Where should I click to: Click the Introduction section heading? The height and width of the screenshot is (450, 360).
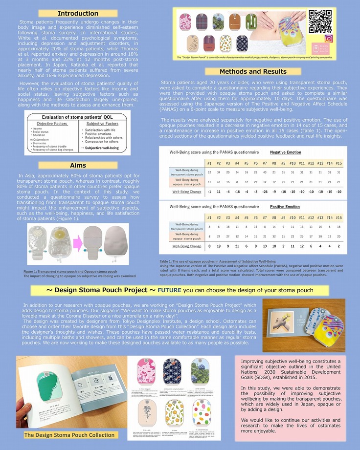(78, 14)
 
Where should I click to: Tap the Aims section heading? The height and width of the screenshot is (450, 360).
(78, 166)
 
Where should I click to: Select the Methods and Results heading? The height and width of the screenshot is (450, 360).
(253, 71)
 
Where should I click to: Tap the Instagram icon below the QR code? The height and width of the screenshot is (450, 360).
(329, 39)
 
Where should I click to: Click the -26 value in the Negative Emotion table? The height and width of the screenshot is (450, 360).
(265, 192)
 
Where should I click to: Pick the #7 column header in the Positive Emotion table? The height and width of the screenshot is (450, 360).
(265, 217)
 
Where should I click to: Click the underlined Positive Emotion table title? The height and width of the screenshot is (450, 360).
(285, 207)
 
